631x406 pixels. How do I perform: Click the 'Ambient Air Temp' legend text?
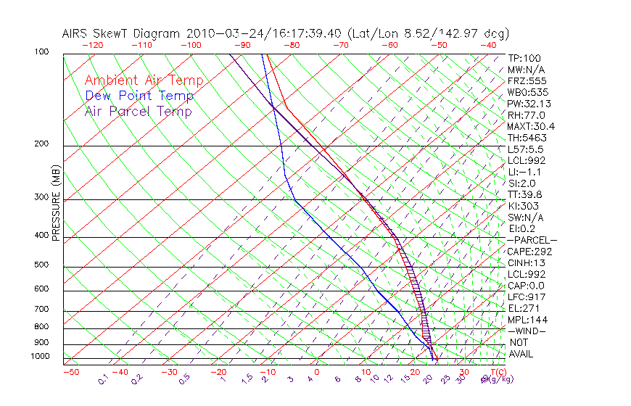144,80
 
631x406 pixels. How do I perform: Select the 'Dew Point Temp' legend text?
139,96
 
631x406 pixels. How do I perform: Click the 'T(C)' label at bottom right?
495,372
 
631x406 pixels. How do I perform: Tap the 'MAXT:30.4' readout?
530,126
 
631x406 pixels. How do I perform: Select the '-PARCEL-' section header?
532,240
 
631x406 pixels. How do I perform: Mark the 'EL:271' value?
523,308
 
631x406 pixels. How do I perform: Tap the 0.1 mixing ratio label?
102,379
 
